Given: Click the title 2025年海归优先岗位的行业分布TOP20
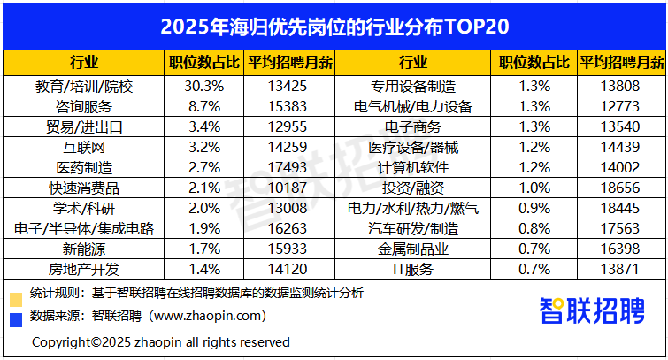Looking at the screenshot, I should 334,26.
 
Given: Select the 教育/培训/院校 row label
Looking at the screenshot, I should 83,87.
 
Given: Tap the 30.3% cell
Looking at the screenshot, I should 203,87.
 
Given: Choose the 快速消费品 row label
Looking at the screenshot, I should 83,188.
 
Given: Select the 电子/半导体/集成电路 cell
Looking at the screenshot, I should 83,228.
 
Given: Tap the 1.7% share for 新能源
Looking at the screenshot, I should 203,249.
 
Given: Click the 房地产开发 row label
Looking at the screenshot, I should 83,268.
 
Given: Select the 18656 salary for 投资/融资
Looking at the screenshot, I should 620,188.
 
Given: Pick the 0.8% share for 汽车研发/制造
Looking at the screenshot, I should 535,228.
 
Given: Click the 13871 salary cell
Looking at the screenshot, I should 620,268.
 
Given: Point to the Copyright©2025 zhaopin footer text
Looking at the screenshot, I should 160,342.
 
